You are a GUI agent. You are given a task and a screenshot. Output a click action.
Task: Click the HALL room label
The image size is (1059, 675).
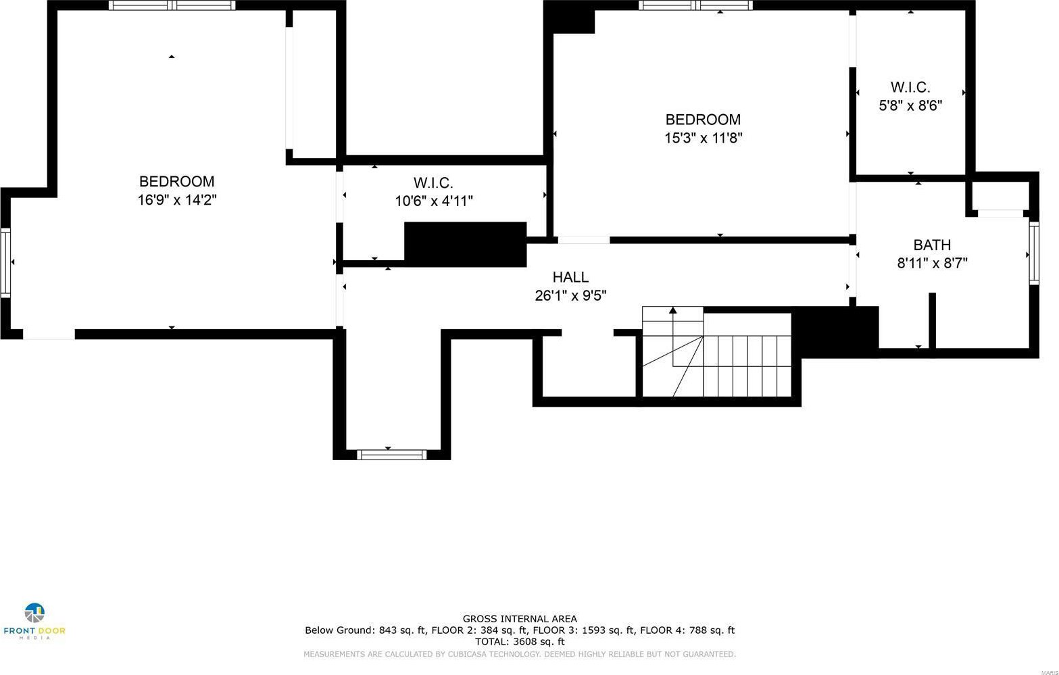(570, 277)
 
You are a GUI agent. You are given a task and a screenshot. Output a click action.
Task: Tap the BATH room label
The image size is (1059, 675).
(932, 245)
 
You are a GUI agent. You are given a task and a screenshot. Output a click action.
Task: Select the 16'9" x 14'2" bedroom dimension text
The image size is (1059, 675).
(177, 200)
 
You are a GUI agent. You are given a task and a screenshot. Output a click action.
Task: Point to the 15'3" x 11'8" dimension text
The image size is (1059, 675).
(703, 138)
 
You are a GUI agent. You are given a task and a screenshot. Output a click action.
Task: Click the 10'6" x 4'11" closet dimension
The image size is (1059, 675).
(433, 201)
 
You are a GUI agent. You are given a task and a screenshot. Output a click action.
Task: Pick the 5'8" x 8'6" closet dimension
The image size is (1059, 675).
(910, 105)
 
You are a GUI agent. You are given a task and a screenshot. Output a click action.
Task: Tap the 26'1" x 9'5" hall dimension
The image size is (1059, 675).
(570, 295)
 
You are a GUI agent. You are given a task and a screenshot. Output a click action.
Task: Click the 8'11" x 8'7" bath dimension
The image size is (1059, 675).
(932, 263)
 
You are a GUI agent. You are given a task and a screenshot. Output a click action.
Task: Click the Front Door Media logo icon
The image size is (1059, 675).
(34, 613)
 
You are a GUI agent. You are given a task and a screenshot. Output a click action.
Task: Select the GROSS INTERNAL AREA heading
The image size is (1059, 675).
(520, 619)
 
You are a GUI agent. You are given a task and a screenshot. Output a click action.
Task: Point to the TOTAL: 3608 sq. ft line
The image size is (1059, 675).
(520, 641)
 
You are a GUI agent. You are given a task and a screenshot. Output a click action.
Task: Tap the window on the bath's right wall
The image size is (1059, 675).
(1034, 253)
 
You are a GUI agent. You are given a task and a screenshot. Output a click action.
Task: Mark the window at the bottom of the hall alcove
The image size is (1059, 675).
(391, 455)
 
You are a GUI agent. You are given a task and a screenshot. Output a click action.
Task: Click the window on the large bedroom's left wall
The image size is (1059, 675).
(5, 263)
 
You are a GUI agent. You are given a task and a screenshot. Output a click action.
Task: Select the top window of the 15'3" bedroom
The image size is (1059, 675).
(695, 5)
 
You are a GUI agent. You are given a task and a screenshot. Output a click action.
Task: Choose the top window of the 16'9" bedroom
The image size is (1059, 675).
(172, 5)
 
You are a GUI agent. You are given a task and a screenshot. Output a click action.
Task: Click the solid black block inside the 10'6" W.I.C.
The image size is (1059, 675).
(465, 245)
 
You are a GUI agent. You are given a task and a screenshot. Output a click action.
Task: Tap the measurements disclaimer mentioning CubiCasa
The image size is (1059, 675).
(520, 654)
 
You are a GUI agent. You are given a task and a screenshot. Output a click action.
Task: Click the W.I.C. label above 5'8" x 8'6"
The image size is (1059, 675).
(910, 87)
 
